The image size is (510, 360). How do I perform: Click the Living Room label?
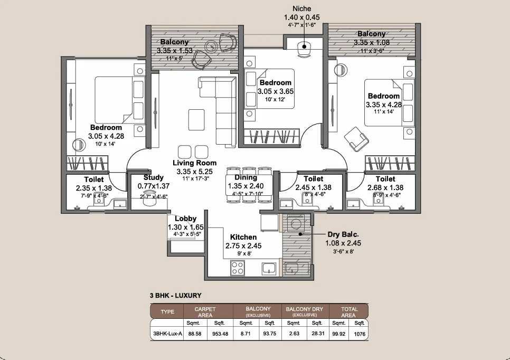click(x=194, y=163)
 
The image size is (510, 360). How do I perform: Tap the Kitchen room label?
click(x=243, y=237)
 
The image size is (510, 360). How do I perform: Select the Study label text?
click(x=154, y=177)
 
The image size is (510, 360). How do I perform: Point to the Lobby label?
click(x=185, y=219)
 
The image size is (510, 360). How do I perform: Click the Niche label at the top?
click(x=302, y=9)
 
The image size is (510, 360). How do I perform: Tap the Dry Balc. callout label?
click(x=343, y=234)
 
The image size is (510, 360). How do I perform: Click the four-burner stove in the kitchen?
click(x=238, y=268)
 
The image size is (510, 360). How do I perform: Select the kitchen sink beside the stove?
click(x=269, y=268)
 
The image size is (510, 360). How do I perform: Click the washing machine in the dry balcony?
click(x=296, y=223)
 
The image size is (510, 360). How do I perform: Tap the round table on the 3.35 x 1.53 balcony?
click(x=212, y=46)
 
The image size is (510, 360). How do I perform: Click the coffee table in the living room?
click(x=196, y=120)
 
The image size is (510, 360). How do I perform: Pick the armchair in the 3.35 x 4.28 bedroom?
click(x=356, y=139)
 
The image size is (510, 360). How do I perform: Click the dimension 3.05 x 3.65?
click(x=276, y=91)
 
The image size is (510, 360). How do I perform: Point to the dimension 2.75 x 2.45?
click(x=243, y=246)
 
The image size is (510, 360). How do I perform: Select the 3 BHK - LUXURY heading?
click(x=176, y=296)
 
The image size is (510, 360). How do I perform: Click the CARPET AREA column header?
click(x=205, y=312)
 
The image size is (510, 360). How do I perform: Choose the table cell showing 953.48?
click(x=220, y=334)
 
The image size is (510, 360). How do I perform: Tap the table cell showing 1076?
click(x=360, y=334)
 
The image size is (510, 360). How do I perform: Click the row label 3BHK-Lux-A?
click(x=167, y=334)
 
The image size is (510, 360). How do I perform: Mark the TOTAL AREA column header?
click(x=349, y=312)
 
